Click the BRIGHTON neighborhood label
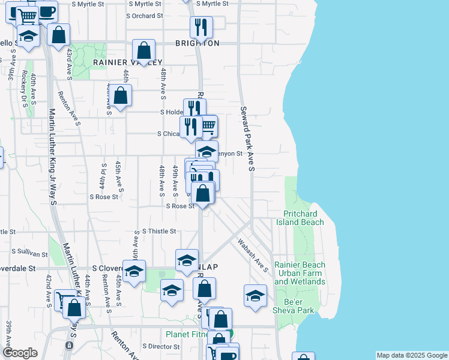click(x=197, y=43)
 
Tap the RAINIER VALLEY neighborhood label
click(x=127, y=62)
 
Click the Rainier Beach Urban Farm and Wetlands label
click(x=300, y=273)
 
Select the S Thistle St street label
click(x=159, y=231)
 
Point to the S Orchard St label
click(x=145, y=16)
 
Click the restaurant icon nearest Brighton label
click(x=200, y=28)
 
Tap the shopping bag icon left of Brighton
click(x=144, y=50)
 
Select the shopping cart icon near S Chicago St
click(x=207, y=126)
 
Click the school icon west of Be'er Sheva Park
click(x=255, y=295)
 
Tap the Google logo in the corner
click(x=20, y=353)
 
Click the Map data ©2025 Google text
click(x=411, y=355)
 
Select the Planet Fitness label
click(x=191, y=334)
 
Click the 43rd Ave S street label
click(x=70, y=62)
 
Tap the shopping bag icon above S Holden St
click(x=121, y=95)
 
